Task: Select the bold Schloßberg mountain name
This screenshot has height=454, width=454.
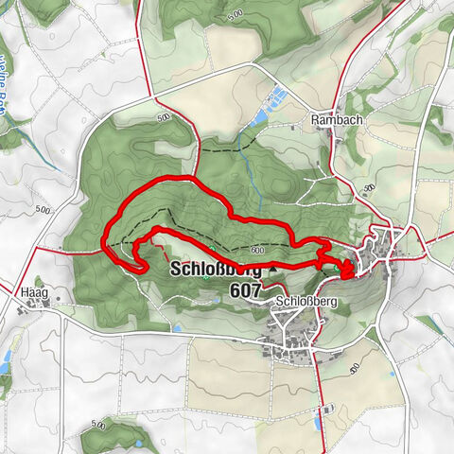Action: click(216, 270)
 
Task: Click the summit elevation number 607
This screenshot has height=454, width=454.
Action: click(245, 291)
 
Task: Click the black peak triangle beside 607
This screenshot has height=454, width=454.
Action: click(274, 270)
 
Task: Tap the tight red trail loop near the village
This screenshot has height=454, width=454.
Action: click(346, 271)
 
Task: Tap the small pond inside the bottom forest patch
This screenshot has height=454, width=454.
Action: click(141, 441)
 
